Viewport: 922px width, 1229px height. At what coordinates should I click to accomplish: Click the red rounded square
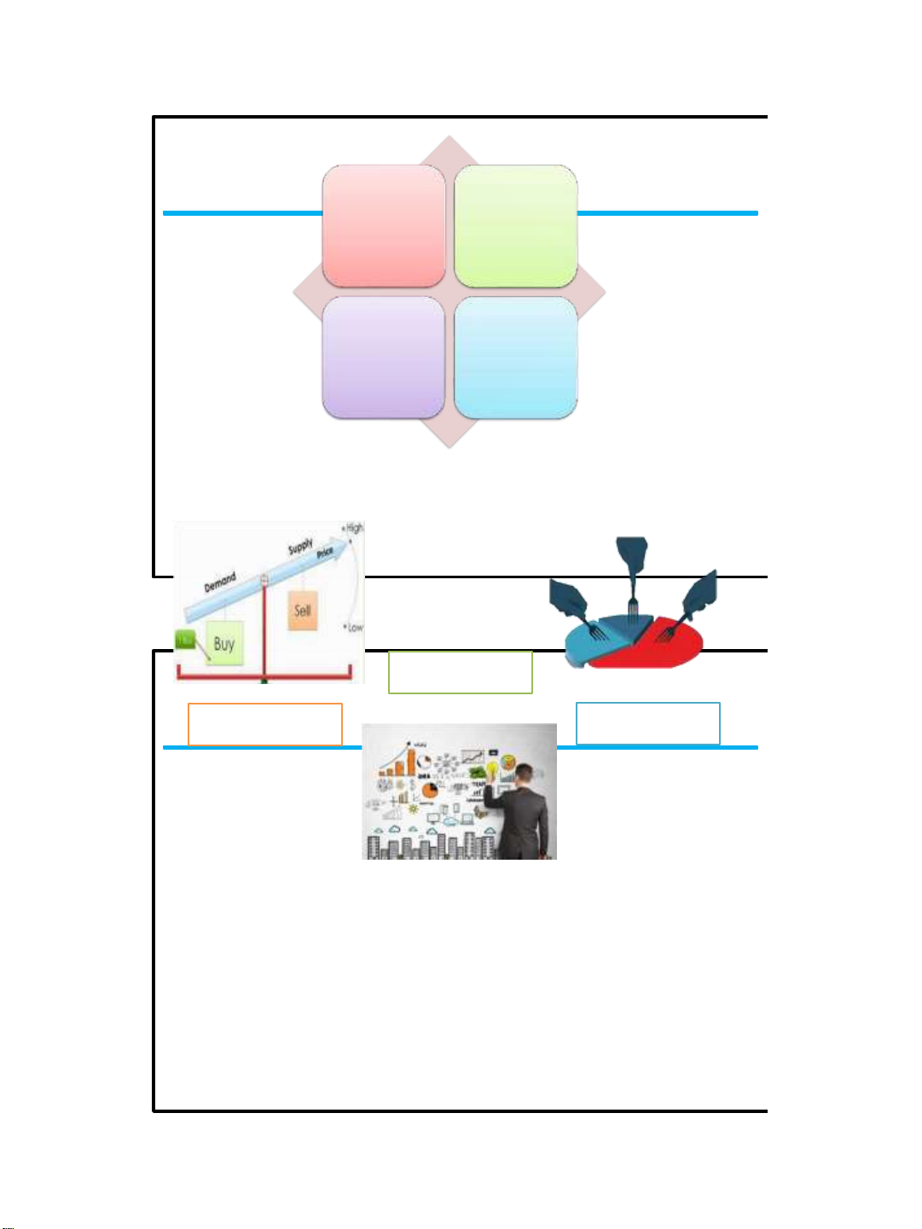click(x=384, y=226)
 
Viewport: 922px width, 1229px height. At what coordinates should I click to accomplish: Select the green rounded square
click(x=516, y=226)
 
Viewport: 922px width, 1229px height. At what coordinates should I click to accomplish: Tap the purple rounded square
click(x=384, y=357)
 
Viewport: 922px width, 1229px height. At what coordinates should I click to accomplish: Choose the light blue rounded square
click(x=516, y=357)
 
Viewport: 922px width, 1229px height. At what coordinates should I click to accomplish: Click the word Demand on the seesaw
click(x=220, y=582)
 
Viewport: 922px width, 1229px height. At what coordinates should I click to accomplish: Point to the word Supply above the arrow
click(x=300, y=546)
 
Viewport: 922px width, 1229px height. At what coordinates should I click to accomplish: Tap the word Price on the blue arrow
click(x=325, y=554)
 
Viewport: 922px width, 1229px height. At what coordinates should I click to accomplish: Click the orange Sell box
click(x=303, y=611)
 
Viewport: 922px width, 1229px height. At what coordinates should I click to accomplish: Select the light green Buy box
click(x=224, y=644)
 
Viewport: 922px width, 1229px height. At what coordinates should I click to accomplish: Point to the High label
click(x=354, y=528)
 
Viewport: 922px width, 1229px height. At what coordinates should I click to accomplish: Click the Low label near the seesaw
click(x=355, y=627)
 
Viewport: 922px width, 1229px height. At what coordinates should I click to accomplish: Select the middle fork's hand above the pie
click(x=632, y=559)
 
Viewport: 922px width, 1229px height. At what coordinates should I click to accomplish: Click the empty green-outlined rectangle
click(x=461, y=672)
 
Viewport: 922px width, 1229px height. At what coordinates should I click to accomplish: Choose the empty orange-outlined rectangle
click(x=265, y=724)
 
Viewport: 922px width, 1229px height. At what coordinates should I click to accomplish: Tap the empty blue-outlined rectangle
click(x=648, y=723)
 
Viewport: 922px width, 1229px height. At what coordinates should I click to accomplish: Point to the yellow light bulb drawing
click(x=492, y=771)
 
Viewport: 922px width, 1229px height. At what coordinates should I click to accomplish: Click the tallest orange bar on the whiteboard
click(x=410, y=761)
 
